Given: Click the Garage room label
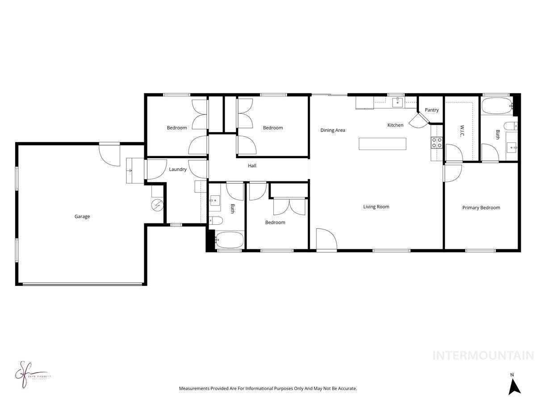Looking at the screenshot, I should pos(82,217).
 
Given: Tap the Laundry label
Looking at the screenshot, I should pos(177,169).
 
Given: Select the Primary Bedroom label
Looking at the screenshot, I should pos(481,208).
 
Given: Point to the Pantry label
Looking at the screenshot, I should pos(431,110).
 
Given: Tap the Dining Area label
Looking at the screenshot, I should pos(333,130).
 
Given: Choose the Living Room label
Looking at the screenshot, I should pos(376,207).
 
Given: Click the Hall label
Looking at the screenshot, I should pos(252,166).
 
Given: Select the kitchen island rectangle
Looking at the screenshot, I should pos(382,144).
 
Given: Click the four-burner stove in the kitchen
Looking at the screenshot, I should pos(436,143).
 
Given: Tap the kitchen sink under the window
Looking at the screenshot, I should pos(398,103).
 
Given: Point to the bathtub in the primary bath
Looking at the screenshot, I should pos(496,106).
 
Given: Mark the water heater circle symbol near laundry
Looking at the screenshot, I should pos(158,205).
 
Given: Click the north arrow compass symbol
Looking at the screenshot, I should pos(515,386).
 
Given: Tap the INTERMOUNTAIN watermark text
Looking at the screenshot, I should pos(483,356).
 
